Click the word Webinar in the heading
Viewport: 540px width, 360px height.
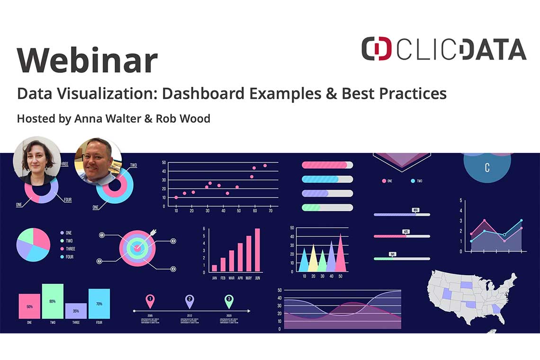(87, 60)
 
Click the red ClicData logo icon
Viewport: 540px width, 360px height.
(377, 49)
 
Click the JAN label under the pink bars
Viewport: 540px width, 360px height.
(215, 278)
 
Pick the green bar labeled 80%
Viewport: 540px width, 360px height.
(53, 301)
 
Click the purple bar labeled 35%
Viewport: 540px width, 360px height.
(76, 311)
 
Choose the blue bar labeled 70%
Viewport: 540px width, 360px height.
(99, 304)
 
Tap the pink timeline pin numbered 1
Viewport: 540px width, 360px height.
(150, 300)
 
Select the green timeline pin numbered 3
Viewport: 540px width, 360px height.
(229, 300)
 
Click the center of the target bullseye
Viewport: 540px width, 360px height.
(137, 247)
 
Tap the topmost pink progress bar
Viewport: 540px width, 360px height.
(327, 165)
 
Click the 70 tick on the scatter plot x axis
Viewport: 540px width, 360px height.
(270, 210)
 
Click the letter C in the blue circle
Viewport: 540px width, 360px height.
(487, 168)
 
